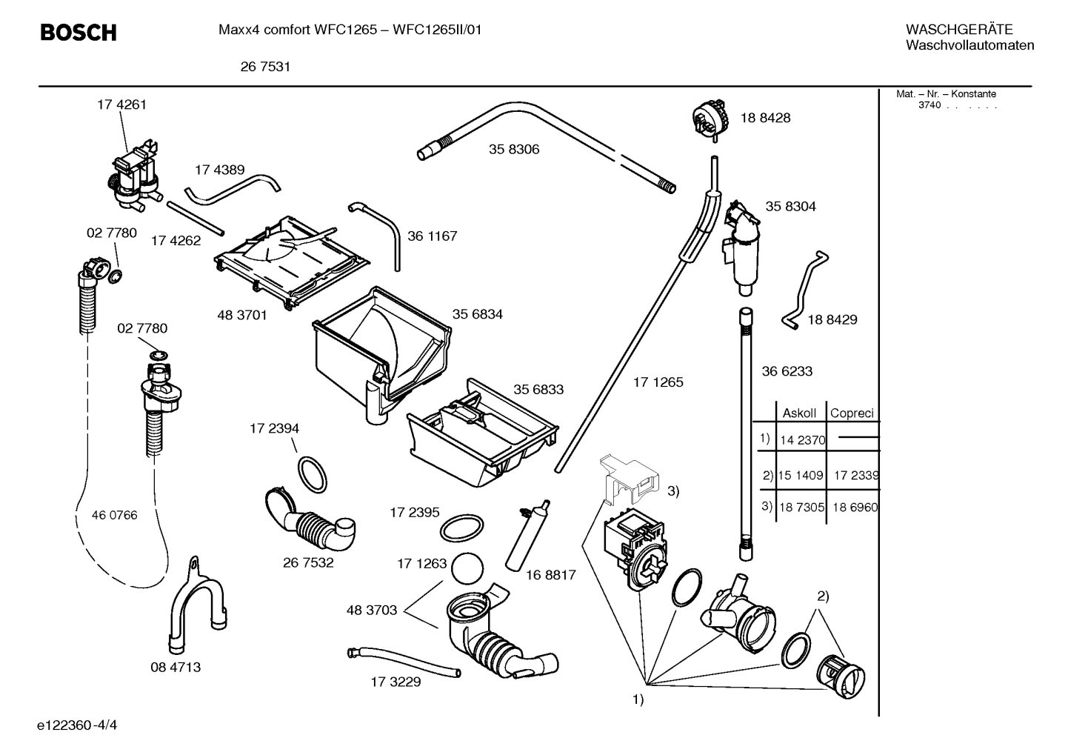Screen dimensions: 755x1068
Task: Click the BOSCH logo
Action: click(x=78, y=33)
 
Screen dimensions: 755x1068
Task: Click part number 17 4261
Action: click(x=121, y=104)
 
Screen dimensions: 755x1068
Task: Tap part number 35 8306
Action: click(x=513, y=149)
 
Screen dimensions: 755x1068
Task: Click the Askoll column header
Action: click(x=799, y=413)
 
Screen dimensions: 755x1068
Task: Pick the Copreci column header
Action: click(x=852, y=413)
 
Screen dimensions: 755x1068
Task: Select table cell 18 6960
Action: click(x=855, y=507)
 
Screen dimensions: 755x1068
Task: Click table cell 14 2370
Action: click(x=802, y=440)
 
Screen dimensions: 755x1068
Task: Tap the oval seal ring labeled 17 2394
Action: click(x=312, y=474)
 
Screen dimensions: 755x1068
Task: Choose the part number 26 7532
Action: click(x=308, y=562)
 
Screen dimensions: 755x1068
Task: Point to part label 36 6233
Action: click(x=787, y=371)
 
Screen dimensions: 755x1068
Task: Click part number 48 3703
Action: click(x=372, y=611)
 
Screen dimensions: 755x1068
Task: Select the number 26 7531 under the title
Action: click(x=264, y=67)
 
